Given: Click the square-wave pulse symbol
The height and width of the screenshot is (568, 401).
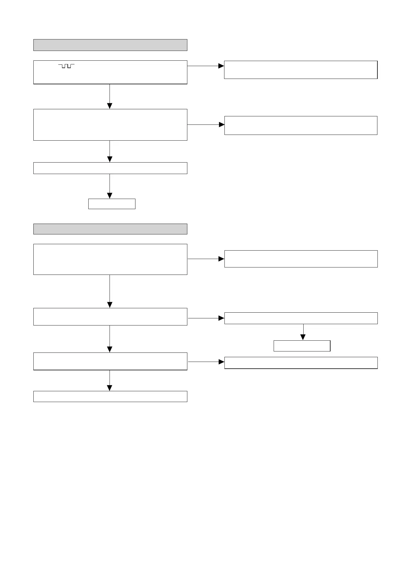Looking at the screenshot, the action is coord(66,66).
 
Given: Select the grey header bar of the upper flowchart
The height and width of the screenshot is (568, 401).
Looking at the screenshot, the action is coord(110,45).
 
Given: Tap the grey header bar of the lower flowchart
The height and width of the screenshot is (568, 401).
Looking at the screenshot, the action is coord(110,229).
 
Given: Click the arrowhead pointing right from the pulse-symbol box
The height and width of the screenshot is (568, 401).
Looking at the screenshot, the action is coord(221,66).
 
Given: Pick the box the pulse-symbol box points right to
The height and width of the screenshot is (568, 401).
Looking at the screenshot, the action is coord(301,70).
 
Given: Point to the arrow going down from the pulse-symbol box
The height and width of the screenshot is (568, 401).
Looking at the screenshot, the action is coord(110,96).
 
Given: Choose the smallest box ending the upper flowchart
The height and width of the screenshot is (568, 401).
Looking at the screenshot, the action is coord(112,204).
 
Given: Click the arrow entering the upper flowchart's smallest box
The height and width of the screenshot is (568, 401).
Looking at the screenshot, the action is coord(110,186).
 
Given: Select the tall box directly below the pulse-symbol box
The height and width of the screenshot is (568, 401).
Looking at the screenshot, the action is coord(110,124).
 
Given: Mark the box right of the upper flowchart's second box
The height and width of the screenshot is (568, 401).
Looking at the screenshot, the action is coord(301,125).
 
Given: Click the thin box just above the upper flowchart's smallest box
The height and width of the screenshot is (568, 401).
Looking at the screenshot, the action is coord(110,168).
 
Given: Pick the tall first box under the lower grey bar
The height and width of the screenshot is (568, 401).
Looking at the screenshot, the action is coord(110,259).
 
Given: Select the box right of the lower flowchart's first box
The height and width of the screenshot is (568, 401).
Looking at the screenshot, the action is coord(301,259).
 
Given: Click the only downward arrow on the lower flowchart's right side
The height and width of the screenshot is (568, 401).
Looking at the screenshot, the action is coord(303,332).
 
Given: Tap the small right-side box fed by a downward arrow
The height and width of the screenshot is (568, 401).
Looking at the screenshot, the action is coord(302,346).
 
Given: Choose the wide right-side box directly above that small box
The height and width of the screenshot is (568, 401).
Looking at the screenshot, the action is coord(301,318).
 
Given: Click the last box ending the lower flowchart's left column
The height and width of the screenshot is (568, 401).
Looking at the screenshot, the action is coord(110,396).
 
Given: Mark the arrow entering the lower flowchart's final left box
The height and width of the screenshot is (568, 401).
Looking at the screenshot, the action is coord(110,381).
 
